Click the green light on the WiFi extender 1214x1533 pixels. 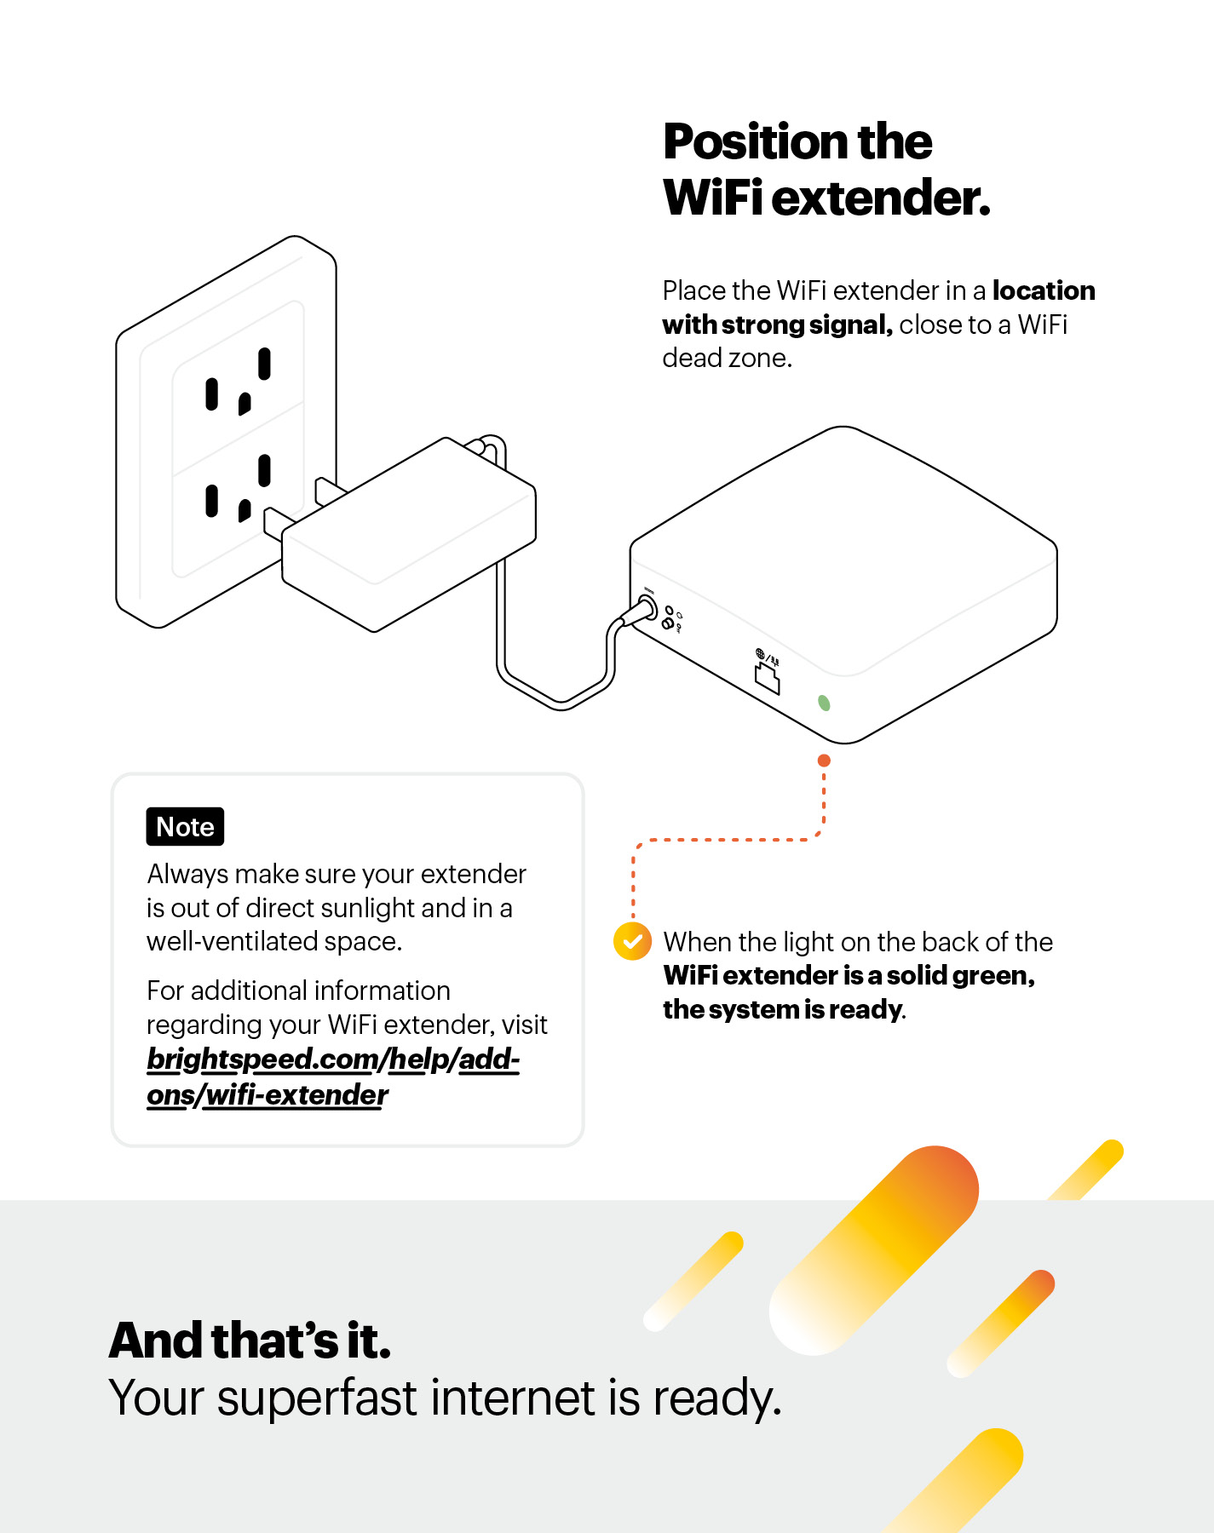[824, 703]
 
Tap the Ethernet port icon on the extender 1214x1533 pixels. [767, 678]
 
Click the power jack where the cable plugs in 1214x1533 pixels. [647, 608]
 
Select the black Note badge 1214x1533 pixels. [185, 827]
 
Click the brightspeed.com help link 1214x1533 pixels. [332, 1076]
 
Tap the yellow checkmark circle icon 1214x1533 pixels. [632, 941]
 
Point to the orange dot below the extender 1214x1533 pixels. [824, 761]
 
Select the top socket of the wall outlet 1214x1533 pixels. [239, 383]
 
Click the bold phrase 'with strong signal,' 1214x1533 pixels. [776, 325]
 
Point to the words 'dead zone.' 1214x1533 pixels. [727, 359]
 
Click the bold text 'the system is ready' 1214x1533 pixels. [782, 1010]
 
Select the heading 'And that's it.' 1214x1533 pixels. [250, 1341]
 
